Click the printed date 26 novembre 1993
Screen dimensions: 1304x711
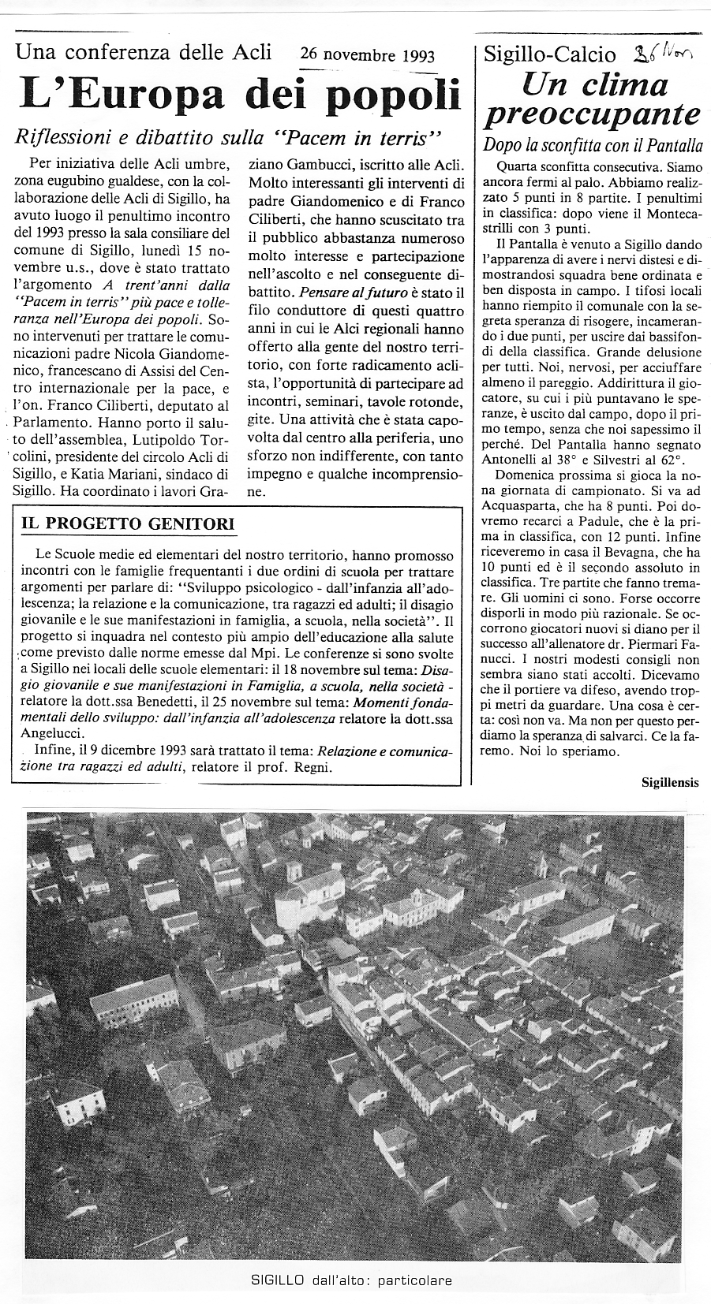[367, 55]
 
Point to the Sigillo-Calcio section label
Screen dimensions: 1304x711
[549, 54]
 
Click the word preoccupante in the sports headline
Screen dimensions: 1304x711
[592, 114]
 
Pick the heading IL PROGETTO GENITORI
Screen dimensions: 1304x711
[128, 523]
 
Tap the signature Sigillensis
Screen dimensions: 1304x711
[670, 782]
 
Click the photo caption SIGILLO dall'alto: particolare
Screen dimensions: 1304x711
[351, 1280]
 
